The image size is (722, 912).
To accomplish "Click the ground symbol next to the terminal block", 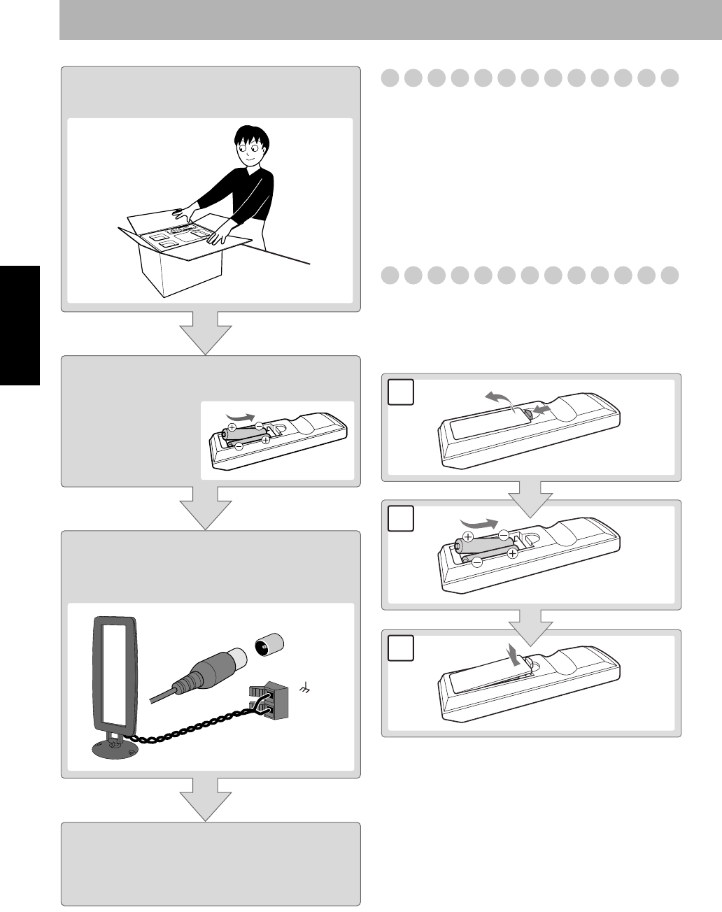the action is click(x=304, y=690).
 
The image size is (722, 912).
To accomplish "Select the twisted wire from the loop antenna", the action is click(x=189, y=727).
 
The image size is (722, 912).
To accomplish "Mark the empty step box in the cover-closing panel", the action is click(x=400, y=648).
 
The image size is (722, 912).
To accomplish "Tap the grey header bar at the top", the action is click(x=390, y=20).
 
